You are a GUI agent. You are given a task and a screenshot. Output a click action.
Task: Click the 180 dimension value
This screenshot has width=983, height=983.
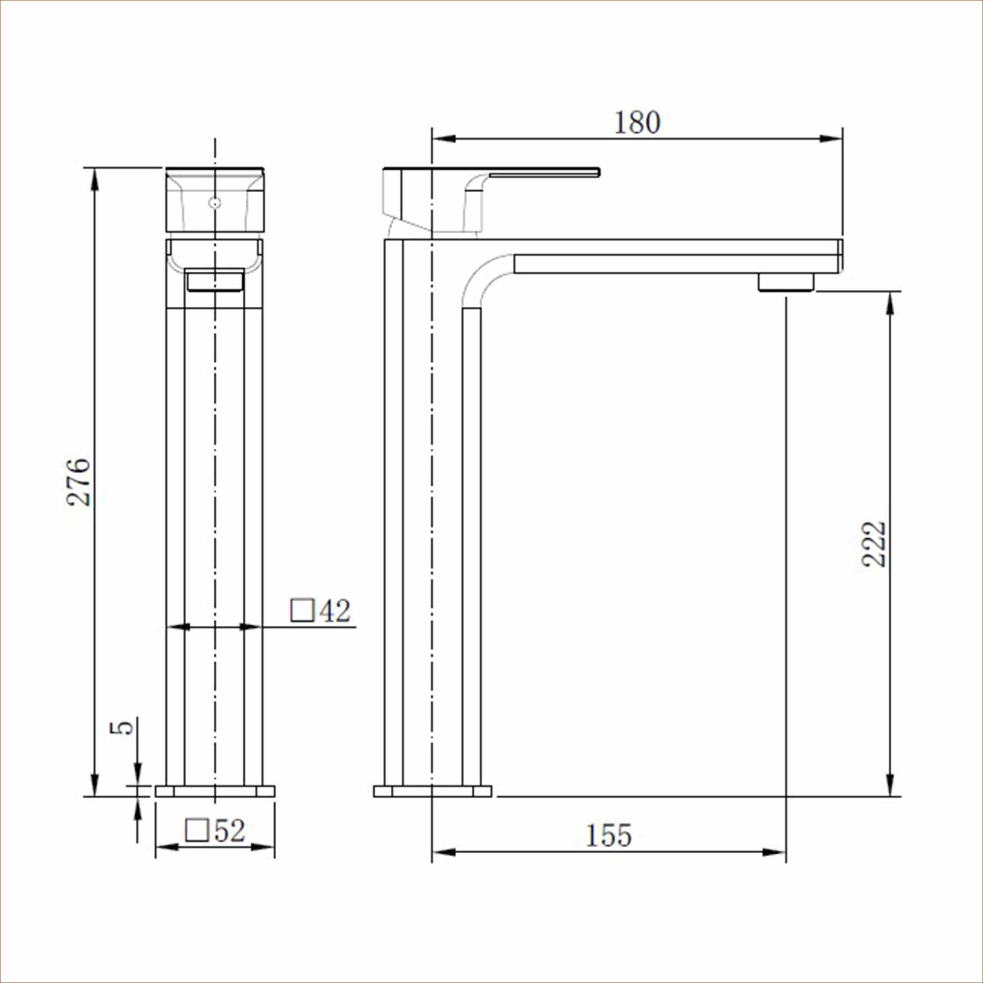pyautogui.click(x=637, y=122)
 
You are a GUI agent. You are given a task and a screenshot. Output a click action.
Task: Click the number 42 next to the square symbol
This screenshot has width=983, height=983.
pyautogui.click(x=335, y=611)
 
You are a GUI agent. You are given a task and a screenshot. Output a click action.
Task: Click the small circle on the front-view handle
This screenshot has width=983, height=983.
pyautogui.click(x=215, y=203)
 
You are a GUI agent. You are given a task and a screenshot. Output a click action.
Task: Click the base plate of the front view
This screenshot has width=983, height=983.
pyautogui.click(x=215, y=806)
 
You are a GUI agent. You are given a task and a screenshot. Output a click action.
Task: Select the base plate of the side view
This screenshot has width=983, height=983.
pyautogui.click(x=433, y=806)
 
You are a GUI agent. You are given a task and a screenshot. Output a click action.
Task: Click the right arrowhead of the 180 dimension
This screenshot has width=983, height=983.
pyautogui.click(x=831, y=139)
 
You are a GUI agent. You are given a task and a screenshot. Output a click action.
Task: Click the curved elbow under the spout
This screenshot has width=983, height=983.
pyautogui.click(x=483, y=277)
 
